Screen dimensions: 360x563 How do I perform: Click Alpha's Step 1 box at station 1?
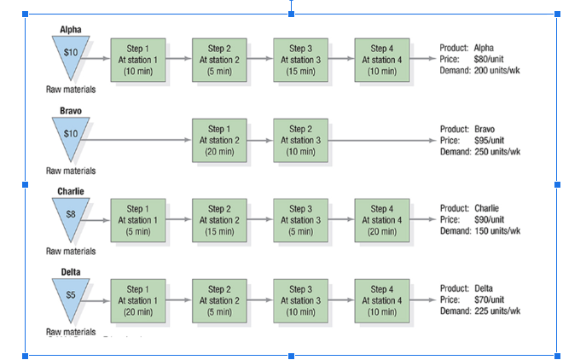137,60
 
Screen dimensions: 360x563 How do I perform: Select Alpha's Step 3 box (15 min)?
300,60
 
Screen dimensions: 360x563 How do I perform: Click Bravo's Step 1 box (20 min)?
219,140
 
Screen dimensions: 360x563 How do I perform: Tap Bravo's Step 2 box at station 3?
300,140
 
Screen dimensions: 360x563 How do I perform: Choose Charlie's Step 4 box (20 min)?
381,220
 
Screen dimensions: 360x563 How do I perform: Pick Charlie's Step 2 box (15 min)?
219,220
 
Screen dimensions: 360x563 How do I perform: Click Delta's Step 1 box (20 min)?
137,300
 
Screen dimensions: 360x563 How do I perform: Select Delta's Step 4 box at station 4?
381,300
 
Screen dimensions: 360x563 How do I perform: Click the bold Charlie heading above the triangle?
71,190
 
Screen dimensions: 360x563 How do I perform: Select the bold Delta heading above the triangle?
71,271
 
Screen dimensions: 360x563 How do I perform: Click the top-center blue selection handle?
292,14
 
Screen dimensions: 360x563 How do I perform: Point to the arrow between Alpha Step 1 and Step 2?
178,59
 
